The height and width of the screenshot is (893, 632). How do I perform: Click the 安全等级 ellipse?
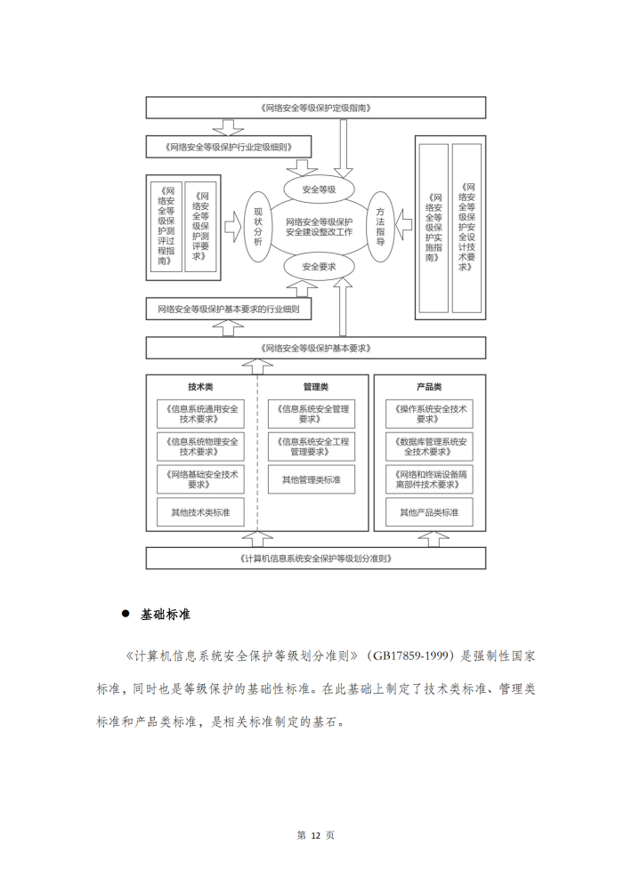[x=319, y=189]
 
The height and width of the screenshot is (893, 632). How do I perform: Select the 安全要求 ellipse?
[x=319, y=266]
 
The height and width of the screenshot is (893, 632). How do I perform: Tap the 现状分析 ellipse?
[x=257, y=227]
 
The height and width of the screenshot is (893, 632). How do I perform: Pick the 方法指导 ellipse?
[x=380, y=227]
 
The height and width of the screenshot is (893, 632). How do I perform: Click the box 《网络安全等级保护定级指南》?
[x=316, y=108]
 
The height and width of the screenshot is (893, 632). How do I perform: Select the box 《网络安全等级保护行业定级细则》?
[x=229, y=147]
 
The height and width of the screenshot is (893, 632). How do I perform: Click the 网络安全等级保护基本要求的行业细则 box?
[x=229, y=310]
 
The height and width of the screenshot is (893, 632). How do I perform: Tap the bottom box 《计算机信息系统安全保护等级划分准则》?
[x=316, y=559]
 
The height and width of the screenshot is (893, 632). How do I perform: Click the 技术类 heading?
[x=200, y=387]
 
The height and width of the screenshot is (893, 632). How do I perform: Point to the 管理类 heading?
[x=316, y=387]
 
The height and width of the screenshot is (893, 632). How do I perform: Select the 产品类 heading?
[x=429, y=387]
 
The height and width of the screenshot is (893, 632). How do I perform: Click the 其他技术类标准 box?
[x=200, y=512]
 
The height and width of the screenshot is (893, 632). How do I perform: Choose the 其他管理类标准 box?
[x=312, y=479]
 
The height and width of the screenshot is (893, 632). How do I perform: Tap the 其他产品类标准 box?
[x=429, y=512]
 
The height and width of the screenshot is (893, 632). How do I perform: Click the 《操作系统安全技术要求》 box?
[x=429, y=414]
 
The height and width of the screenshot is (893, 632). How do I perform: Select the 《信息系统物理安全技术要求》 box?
[x=200, y=446]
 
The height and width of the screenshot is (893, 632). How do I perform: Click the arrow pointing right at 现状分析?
[x=232, y=227]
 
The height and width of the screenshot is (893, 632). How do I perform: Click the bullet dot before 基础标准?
[x=126, y=614]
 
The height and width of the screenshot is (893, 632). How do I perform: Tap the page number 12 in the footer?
[x=316, y=835]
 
